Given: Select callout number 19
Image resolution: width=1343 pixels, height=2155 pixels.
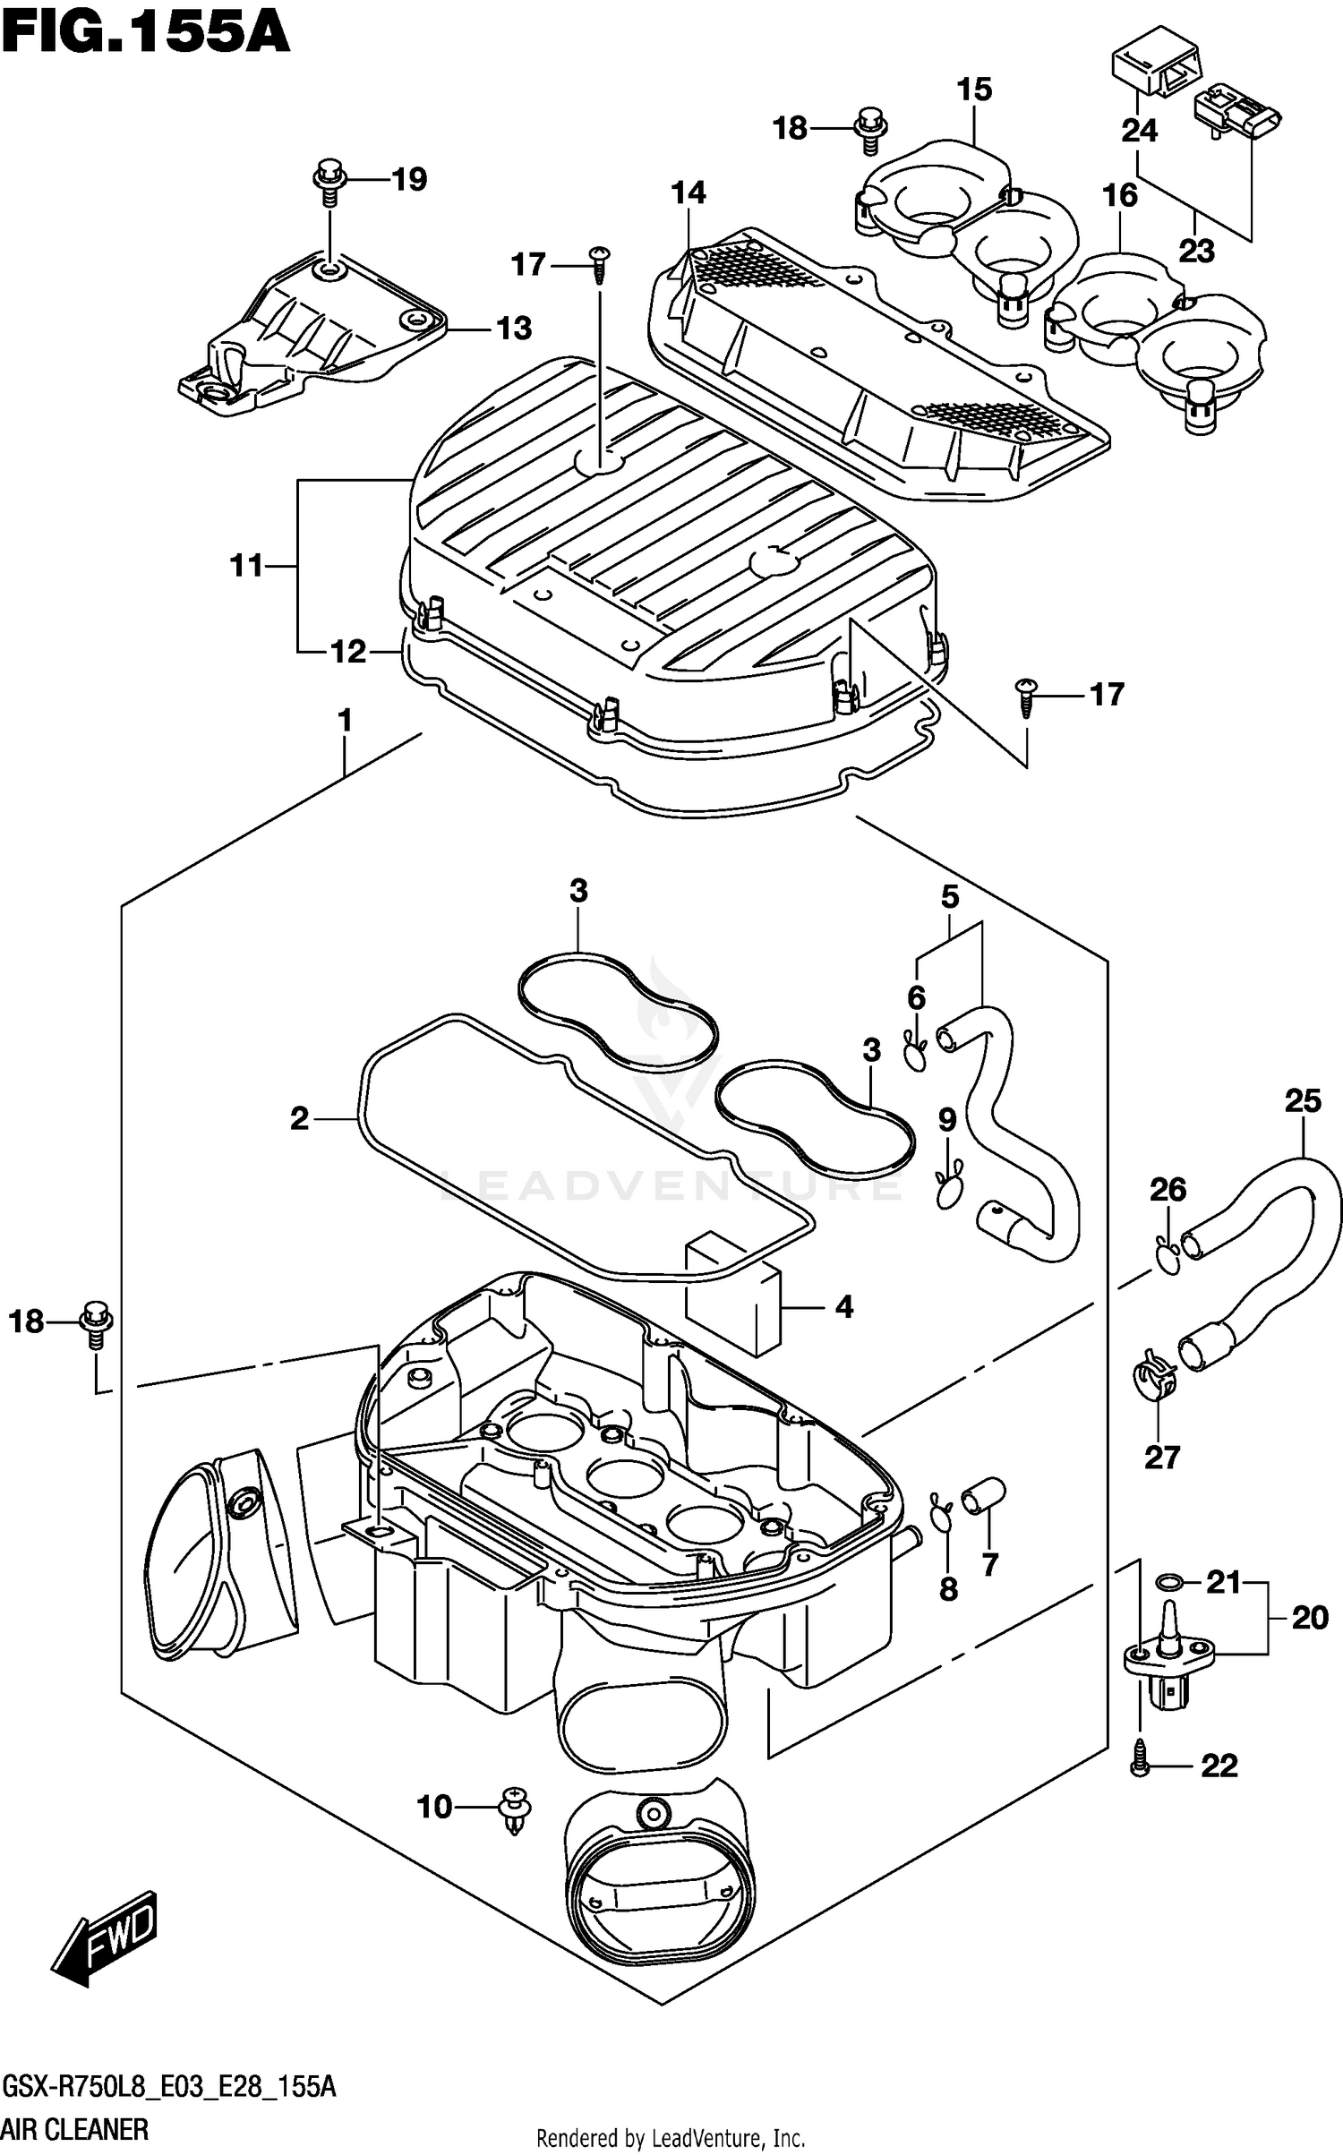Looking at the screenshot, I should pos(409,179).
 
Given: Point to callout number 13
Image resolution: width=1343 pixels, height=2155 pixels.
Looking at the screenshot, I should pos(514,329).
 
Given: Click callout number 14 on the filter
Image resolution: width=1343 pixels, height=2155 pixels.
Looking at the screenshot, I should pos(689,192).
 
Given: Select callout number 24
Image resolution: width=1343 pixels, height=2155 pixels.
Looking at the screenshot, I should pos(1139,131).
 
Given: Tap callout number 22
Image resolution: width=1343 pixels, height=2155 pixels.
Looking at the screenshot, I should pos(1219,1766).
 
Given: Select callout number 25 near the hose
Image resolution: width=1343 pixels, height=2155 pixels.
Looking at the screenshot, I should pos(1302,1101).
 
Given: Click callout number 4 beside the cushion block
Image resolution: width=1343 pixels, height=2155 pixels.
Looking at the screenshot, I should pos(843,1307).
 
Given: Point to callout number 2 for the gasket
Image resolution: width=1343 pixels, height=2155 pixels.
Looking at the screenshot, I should pos(299,1118).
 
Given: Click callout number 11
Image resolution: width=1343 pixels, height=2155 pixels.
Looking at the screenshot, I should pos(246,566).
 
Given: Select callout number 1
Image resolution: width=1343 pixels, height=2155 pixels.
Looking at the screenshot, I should pos(344,721).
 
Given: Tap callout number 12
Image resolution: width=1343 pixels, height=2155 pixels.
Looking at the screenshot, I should pos(348,652).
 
